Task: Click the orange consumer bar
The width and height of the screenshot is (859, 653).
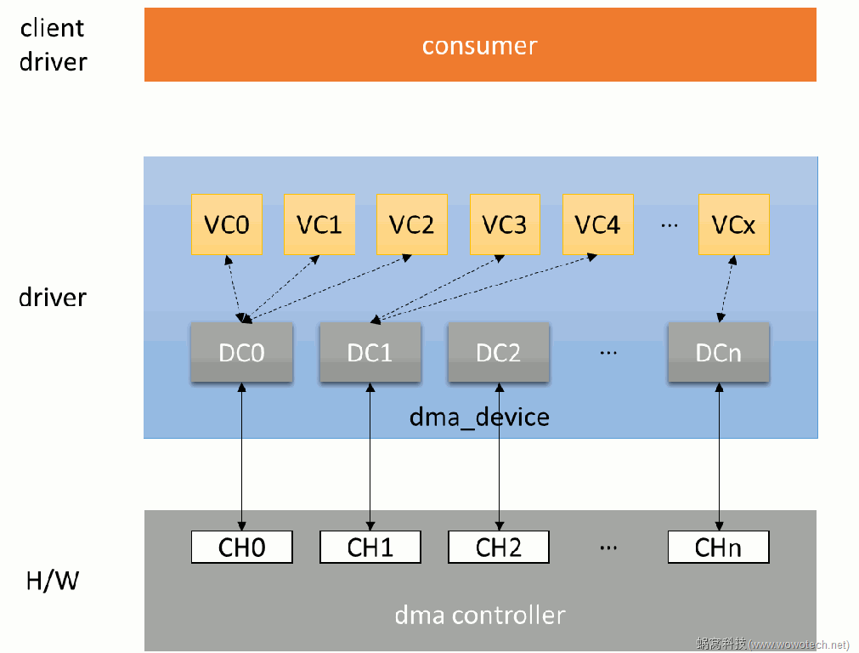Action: (x=480, y=45)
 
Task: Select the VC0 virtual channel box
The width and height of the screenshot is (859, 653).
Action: (x=227, y=224)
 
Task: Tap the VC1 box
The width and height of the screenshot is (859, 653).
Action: (x=319, y=224)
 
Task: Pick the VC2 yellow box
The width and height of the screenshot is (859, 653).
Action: (x=411, y=224)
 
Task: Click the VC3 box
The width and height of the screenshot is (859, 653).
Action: (x=505, y=224)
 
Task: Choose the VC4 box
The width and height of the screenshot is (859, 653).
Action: (x=597, y=224)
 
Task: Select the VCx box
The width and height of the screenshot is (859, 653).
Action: (x=733, y=224)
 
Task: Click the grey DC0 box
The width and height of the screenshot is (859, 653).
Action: (x=242, y=352)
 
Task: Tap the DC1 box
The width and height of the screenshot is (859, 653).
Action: (x=370, y=352)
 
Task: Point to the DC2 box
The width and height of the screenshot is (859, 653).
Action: (x=499, y=352)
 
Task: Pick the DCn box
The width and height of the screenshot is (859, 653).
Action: (x=719, y=352)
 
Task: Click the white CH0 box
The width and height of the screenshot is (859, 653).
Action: (x=242, y=548)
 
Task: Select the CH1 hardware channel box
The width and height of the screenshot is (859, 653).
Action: (x=370, y=548)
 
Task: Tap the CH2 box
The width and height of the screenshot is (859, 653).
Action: (x=499, y=548)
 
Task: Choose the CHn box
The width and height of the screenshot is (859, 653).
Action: (x=719, y=548)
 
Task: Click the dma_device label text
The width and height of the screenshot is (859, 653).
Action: (x=479, y=417)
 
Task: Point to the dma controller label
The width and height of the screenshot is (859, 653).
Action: (x=480, y=615)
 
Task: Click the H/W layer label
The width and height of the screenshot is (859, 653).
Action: (x=53, y=582)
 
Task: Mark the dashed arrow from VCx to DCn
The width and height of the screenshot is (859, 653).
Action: (x=726, y=288)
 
